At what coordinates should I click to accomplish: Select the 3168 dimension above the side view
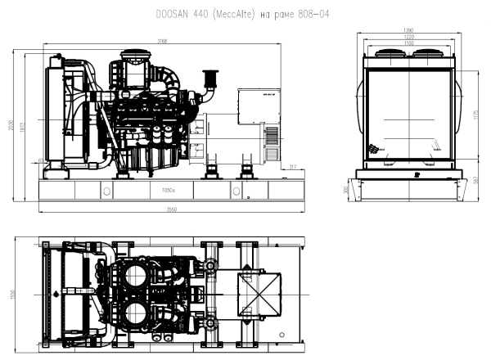(164, 41)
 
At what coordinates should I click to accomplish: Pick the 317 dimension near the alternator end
(293, 167)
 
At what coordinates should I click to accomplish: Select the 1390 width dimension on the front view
(407, 30)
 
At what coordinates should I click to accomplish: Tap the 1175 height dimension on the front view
(476, 115)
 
